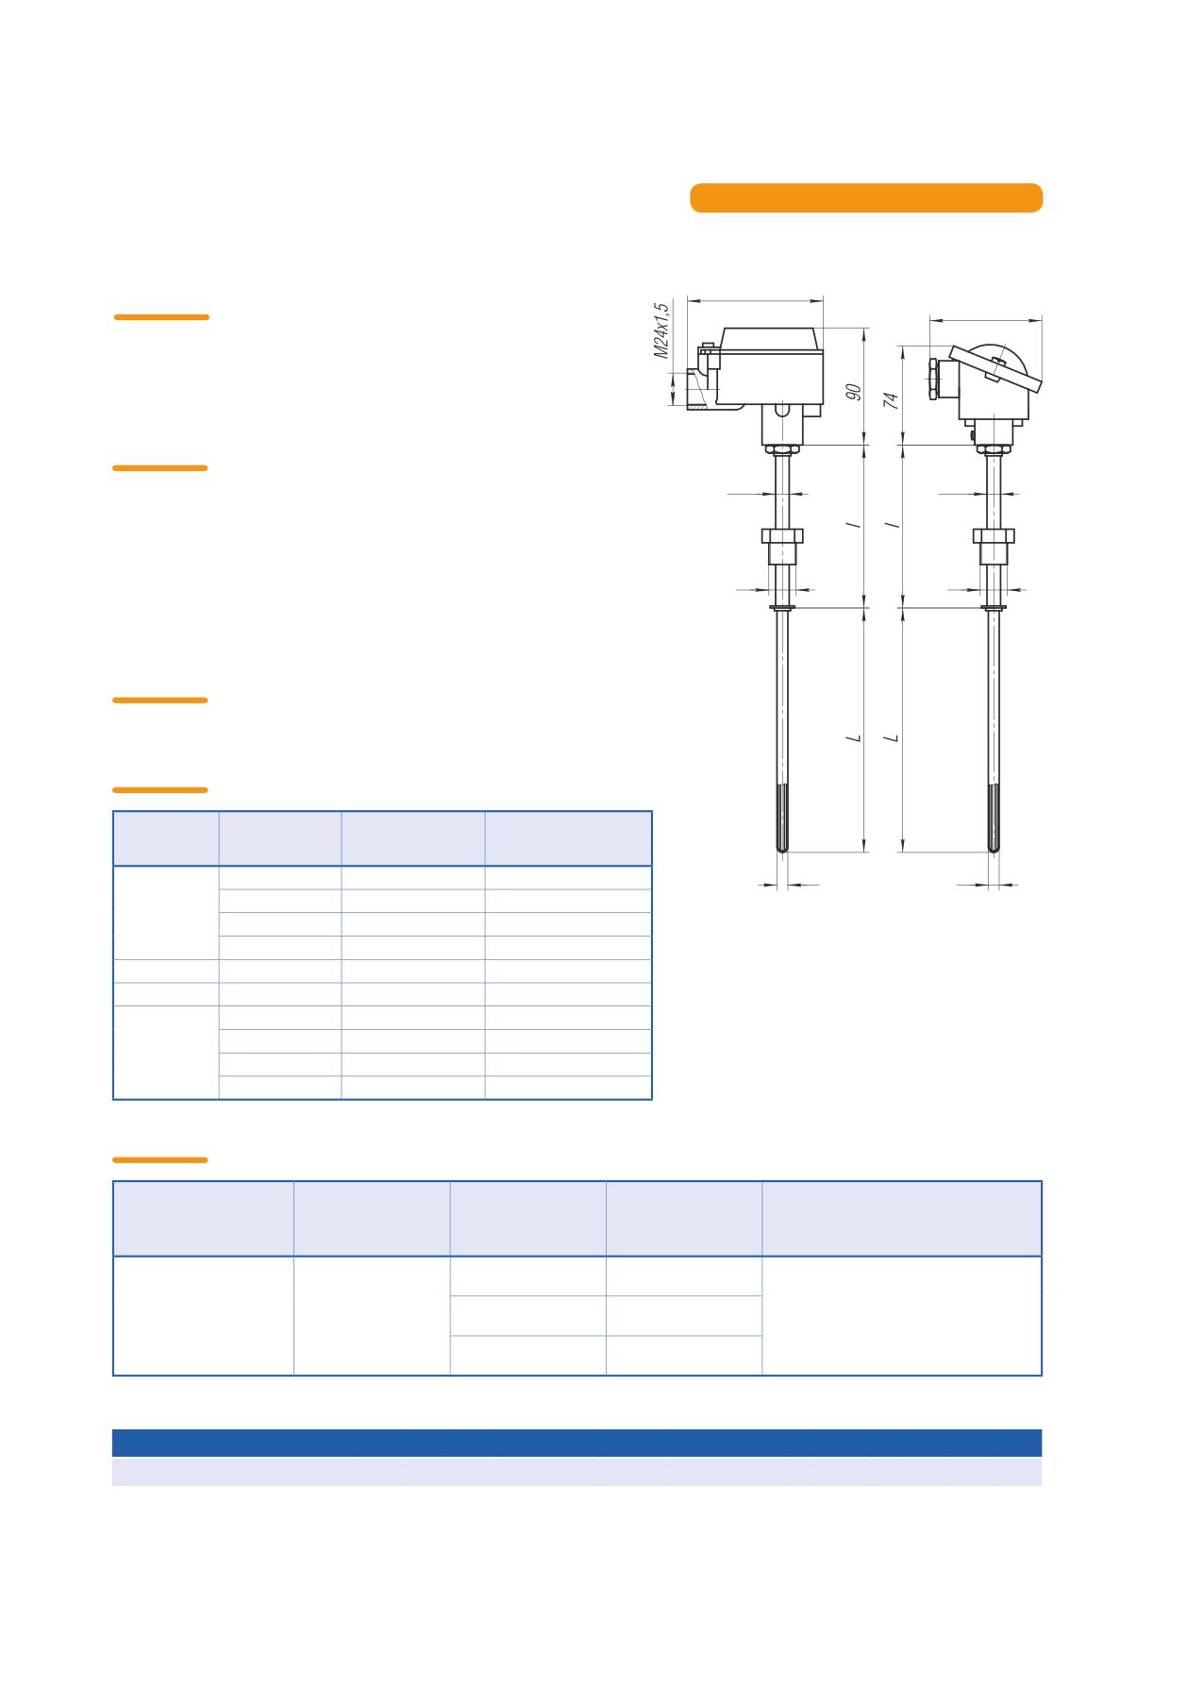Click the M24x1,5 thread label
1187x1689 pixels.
tap(662, 330)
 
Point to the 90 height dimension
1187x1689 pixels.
tap(854, 392)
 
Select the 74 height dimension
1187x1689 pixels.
tap(891, 399)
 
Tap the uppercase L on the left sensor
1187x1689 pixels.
tap(855, 736)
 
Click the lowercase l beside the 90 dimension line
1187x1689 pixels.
tap(856, 524)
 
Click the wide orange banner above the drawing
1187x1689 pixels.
tap(866, 197)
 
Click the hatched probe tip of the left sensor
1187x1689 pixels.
tap(782, 819)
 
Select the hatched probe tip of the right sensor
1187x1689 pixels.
tap(994, 819)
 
